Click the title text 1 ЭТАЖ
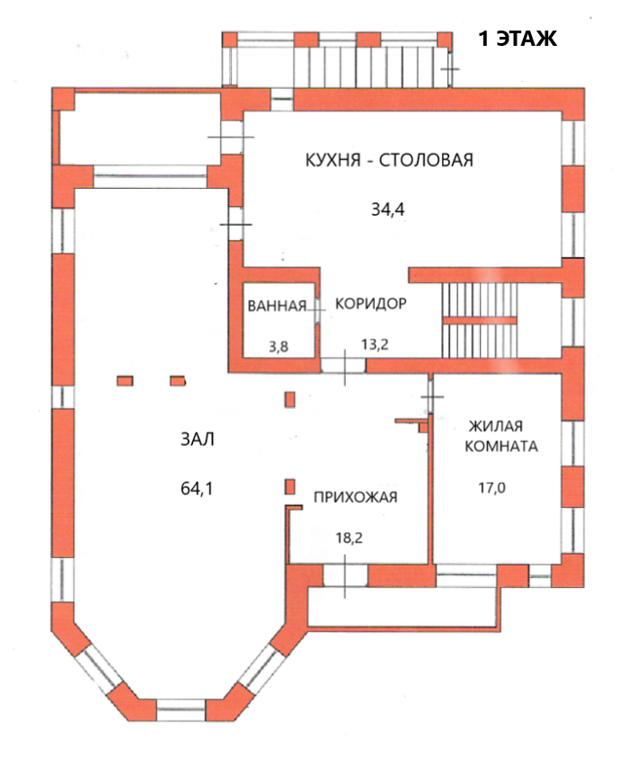(x=518, y=39)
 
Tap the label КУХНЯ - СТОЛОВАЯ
(x=387, y=161)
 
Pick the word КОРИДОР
(x=371, y=304)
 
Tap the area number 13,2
(x=374, y=344)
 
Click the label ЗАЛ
(x=198, y=440)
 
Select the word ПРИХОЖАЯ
(x=355, y=497)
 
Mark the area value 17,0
(x=491, y=488)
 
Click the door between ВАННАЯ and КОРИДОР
(x=316, y=307)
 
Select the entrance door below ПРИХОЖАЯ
(x=345, y=573)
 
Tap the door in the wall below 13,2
(x=343, y=365)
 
